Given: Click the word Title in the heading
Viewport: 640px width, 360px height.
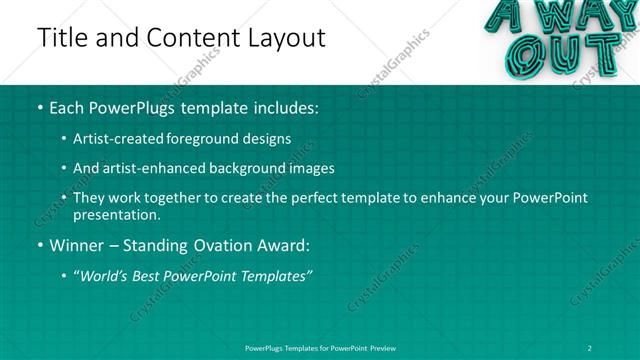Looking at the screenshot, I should pyautogui.click(x=62, y=39).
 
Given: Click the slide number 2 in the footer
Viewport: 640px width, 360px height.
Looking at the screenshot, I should pyautogui.click(x=592, y=347).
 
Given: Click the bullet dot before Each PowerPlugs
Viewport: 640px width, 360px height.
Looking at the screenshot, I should pyautogui.click(x=39, y=107).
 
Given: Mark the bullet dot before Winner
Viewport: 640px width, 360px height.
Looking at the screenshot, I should pyautogui.click(x=39, y=244).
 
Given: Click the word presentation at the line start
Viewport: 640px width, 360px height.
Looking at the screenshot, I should pyautogui.click(x=117, y=214).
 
